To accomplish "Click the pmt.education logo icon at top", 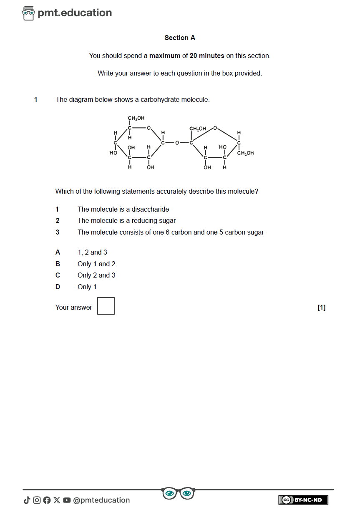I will tap(28, 13).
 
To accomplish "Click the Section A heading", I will tap(180, 38).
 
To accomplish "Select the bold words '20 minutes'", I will tap(207, 56).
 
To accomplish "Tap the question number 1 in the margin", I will tap(36, 100).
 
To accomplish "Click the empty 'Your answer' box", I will tap(106, 306).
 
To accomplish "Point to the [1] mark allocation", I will tap(321, 308).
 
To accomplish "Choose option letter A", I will tap(58, 252).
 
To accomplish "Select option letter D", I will tap(58, 287).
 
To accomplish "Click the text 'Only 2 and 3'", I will tap(96, 275).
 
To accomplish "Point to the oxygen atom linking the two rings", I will tap(177, 143).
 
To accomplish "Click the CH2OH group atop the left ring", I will tap(136, 119).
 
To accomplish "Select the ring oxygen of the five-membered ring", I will tap(215, 128).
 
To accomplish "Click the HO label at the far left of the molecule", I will tap(113, 153).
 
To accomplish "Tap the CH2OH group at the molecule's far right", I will tap(245, 153).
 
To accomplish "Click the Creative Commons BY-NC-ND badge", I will tap(303, 500).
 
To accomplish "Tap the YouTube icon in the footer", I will tap(67, 500).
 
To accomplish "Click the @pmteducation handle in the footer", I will tap(101, 500).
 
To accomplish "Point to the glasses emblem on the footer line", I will tap(178, 493).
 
